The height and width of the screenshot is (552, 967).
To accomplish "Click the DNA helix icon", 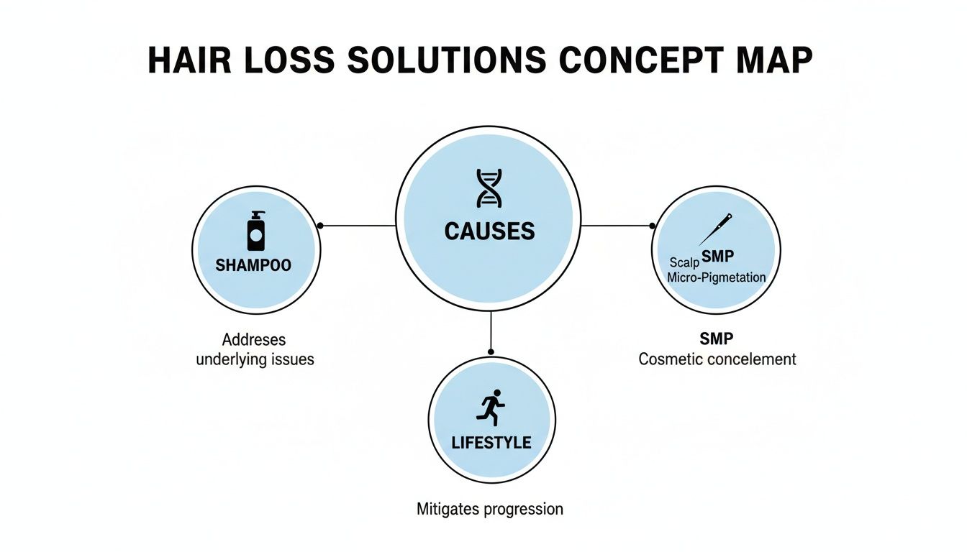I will click(489, 188).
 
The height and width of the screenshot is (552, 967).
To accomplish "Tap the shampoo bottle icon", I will click(256, 231).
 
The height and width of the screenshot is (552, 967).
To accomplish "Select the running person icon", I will click(491, 408).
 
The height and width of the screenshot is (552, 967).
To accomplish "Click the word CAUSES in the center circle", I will click(489, 231).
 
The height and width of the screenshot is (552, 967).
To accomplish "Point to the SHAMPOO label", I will click(253, 265).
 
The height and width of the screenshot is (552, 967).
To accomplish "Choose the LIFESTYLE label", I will click(491, 443).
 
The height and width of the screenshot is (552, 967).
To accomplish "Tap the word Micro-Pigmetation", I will click(717, 277).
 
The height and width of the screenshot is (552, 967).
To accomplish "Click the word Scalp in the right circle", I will click(684, 262).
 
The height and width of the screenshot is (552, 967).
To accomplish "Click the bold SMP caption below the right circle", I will click(717, 339).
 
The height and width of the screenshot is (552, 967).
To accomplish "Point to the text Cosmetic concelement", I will click(717, 359).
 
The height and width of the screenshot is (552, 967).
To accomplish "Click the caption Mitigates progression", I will click(490, 509).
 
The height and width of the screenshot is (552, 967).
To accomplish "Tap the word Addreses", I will click(254, 339).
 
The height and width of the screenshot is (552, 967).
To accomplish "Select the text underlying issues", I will click(255, 359).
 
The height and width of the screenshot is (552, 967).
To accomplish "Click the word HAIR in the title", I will click(189, 62).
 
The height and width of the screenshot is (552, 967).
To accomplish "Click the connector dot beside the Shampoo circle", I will click(320, 226).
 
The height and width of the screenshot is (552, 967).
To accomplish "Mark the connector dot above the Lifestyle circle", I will click(491, 351).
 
